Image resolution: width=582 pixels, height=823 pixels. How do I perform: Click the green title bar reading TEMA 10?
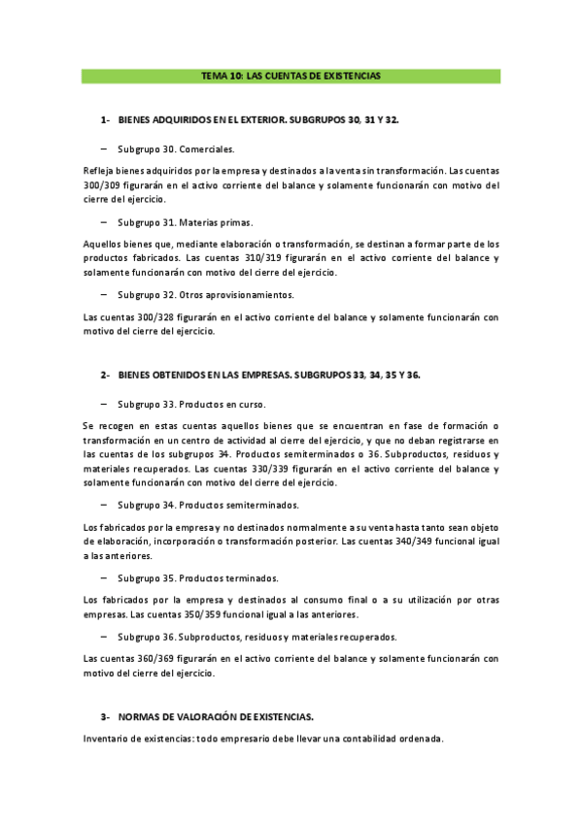(x=291, y=76)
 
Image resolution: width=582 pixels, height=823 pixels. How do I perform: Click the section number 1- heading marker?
(x=106, y=120)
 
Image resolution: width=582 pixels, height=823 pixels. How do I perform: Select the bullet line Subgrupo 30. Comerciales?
(x=176, y=149)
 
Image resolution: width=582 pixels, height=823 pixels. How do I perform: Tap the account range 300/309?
(x=106, y=184)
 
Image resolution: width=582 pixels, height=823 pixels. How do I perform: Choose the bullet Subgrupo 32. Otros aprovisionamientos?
(x=205, y=294)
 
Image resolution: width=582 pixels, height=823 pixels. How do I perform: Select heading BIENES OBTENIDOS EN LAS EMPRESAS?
(x=204, y=374)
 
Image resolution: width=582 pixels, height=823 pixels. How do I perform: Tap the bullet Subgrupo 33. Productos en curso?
(x=191, y=404)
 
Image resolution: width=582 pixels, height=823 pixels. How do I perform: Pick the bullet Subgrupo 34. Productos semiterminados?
(x=208, y=505)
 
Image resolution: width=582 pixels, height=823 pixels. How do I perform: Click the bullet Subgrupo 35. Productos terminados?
(x=198, y=577)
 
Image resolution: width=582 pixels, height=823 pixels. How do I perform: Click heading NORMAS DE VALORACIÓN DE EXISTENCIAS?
(x=216, y=716)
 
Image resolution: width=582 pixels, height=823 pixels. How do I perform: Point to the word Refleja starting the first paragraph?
(x=100, y=170)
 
